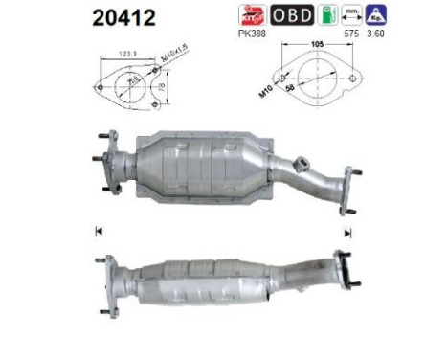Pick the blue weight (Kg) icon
379,15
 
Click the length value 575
351,34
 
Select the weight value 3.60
379,34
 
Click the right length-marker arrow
347,232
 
